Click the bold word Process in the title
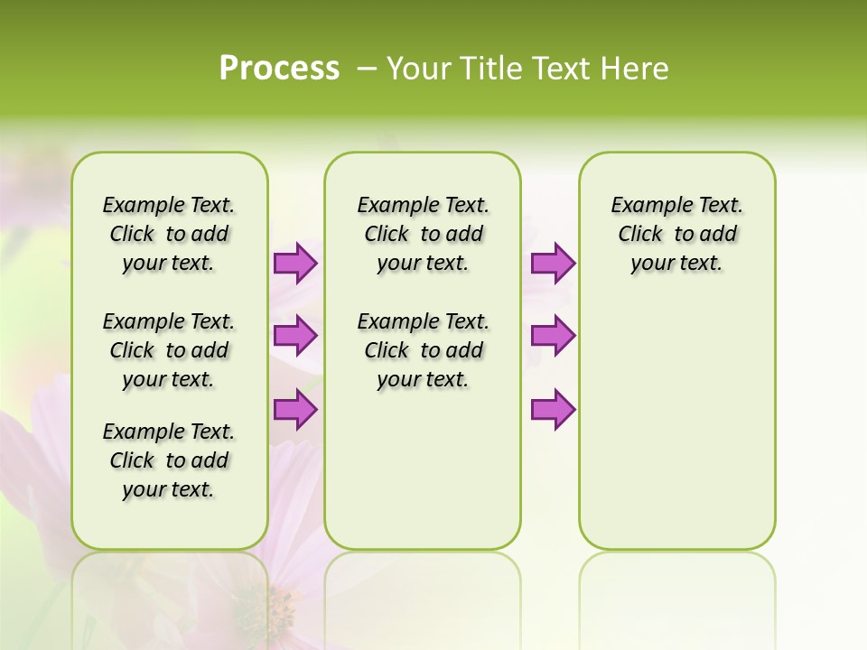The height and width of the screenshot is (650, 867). click(279, 69)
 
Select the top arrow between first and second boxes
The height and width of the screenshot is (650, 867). click(295, 264)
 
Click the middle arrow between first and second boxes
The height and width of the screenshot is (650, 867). click(295, 336)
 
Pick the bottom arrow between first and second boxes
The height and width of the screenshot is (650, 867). click(295, 410)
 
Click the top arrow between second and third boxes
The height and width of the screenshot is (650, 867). click(553, 264)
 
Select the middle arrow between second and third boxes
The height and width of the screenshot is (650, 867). click(553, 336)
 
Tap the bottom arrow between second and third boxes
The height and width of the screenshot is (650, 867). click(553, 410)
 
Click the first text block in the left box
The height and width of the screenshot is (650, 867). click(169, 234)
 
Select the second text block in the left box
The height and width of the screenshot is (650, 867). click(169, 350)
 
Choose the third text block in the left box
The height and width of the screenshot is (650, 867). click(169, 460)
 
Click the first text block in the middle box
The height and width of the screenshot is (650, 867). click(424, 234)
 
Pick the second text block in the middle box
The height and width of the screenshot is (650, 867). click(424, 350)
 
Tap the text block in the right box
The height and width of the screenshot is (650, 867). click(677, 234)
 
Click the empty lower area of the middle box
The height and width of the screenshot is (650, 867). click(423, 469)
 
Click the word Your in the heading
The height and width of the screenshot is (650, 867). click(418, 69)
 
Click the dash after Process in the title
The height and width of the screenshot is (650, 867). click(367, 69)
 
